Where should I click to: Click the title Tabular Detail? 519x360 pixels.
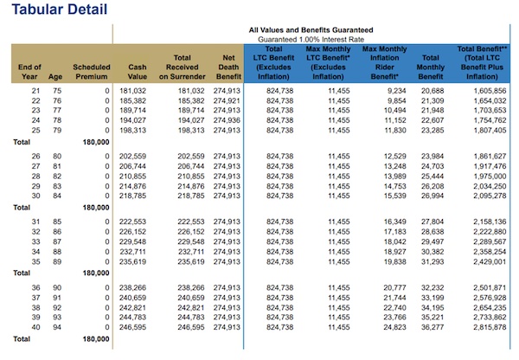[60, 10]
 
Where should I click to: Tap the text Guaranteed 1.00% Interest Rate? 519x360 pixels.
[311, 40]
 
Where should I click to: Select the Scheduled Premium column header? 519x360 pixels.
[92, 72]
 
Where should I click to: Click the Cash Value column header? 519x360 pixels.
[138, 72]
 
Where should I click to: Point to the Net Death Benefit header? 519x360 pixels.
[228, 67]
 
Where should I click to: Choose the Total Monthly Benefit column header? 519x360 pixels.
[430, 67]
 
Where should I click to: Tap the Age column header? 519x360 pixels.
[55, 76]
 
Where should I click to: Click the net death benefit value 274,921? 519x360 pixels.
[227, 100]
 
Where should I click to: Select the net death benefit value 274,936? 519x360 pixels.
[227, 120]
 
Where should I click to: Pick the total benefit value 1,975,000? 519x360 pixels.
[490, 177]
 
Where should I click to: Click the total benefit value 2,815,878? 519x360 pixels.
[490, 327]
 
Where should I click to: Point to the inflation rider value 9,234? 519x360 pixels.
[397, 91]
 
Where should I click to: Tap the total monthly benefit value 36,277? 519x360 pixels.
[432, 327]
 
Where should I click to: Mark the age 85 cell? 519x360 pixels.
[57, 222]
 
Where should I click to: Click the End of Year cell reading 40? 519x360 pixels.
[35, 327]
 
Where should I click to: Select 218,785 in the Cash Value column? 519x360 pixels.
[132, 196]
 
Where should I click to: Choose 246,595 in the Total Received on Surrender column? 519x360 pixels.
[191, 327]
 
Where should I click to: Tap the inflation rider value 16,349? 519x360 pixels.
[395, 222]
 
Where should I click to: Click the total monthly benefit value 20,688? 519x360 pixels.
[432, 91]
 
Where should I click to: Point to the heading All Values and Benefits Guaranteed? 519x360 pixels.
[311, 30]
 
